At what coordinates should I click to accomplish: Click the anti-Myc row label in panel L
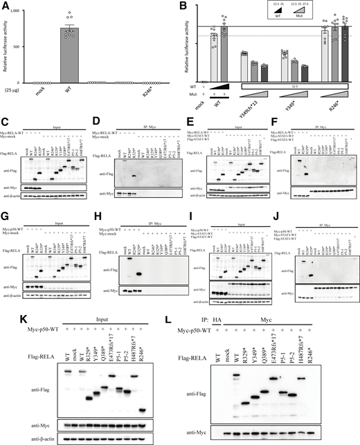tap(210, 433)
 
